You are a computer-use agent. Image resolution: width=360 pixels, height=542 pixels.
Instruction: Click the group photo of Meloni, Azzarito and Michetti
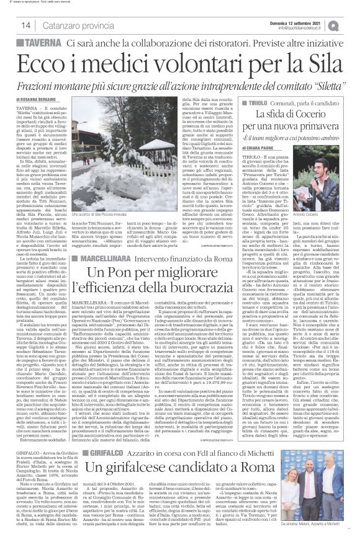pos(322,502)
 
